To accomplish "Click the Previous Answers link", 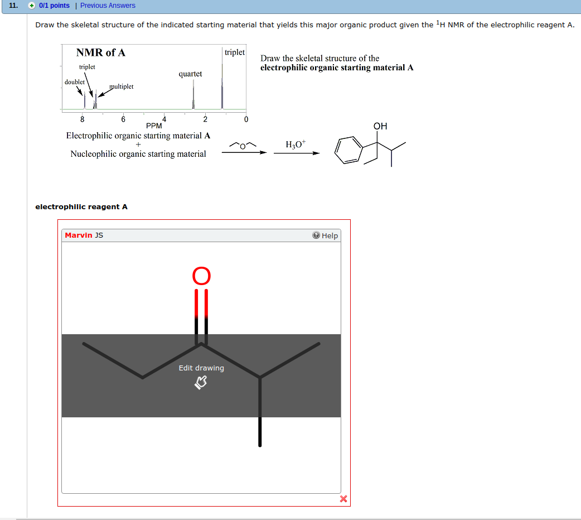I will (108, 6).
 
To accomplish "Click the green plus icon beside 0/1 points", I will (32, 6).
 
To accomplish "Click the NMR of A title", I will (101, 52).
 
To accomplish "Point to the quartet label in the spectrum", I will (190, 74).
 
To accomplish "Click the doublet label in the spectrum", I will (75, 82).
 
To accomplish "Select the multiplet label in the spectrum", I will (121, 86).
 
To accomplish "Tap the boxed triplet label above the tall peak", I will (234, 52).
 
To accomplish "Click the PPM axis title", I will (154, 126).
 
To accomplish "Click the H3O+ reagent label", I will (296, 145).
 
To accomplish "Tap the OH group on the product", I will (380, 127).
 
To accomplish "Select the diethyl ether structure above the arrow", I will (243, 145).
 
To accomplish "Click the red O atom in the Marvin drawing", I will (202, 276).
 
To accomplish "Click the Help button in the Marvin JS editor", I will (326, 235).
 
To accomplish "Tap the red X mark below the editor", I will (343, 499).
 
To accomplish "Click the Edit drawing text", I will (201, 368).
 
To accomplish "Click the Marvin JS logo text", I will (84, 235).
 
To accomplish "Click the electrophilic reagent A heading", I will (81, 207).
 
